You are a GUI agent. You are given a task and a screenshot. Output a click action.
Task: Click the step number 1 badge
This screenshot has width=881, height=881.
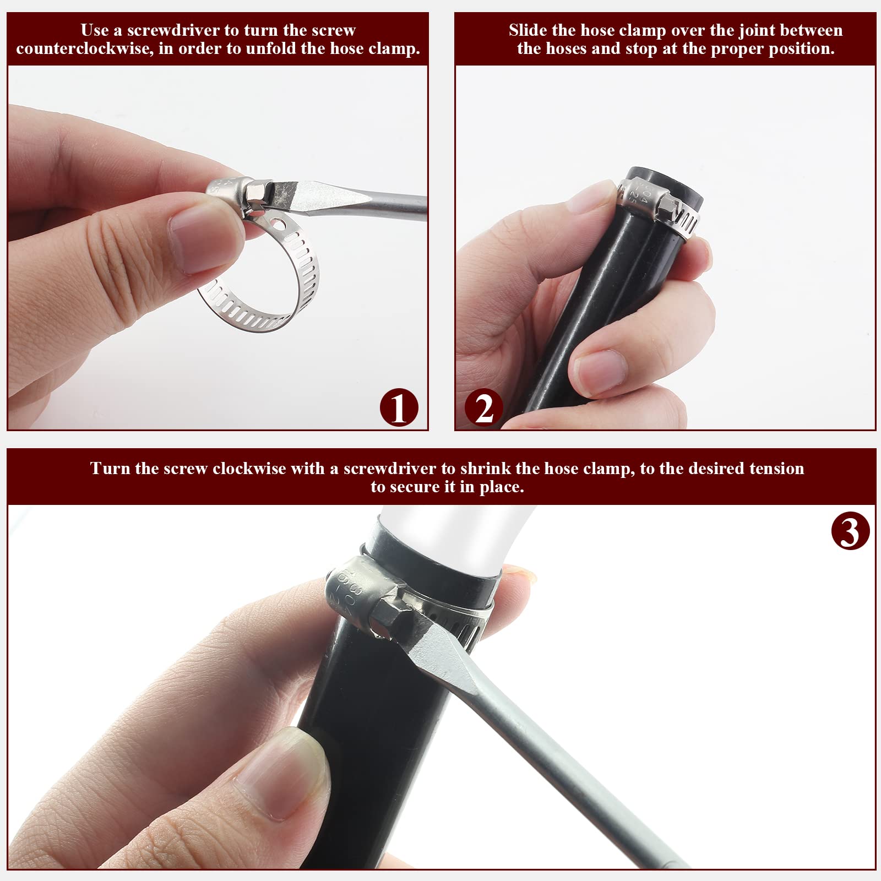click(399, 407)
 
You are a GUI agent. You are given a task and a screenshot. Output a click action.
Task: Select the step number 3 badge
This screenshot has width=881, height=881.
click(851, 531)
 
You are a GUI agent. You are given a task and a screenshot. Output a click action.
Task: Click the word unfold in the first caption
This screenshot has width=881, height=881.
click(272, 48)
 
